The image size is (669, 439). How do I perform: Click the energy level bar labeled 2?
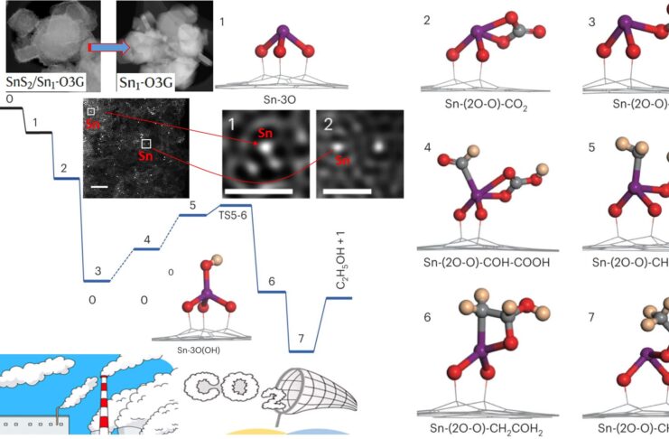[67, 178]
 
